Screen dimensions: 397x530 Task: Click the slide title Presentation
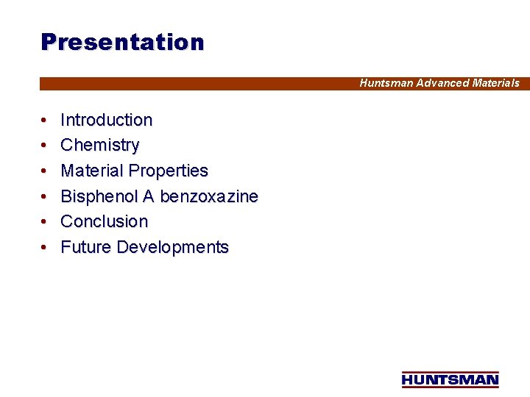coord(122,42)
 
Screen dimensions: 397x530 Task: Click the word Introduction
coord(106,120)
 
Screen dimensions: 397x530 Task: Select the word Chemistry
coord(99,145)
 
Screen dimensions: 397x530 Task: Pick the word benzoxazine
coord(209,196)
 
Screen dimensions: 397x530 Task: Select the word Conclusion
coord(104,221)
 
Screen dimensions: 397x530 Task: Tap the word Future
coord(85,247)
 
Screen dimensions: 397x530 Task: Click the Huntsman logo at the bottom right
coord(450,379)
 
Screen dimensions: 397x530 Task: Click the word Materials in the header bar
coord(495,83)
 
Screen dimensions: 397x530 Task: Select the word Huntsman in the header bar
coord(386,83)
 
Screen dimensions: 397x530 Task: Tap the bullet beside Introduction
coord(45,120)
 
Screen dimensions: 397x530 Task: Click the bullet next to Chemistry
coord(45,145)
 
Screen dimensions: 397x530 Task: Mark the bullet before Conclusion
coord(45,221)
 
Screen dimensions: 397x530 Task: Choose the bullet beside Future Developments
coord(45,247)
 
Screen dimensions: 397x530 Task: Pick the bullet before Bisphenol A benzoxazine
coord(45,196)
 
